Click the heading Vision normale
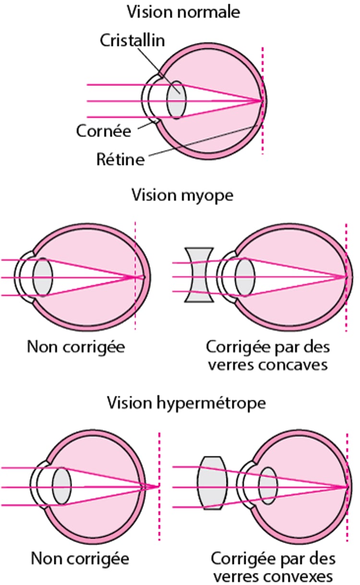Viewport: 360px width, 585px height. tap(183, 12)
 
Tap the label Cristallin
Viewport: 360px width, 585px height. tap(132, 40)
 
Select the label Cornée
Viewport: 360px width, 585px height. tap(104, 131)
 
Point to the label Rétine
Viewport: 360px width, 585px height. tap(120, 159)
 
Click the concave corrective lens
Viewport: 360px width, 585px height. tap(199, 275)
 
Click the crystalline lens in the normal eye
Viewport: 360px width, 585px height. tap(176, 100)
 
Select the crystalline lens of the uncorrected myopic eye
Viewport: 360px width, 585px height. tap(43, 277)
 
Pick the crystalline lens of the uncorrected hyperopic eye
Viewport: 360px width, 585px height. tap(61, 486)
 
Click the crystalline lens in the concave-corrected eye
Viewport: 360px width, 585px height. tap(245, 277)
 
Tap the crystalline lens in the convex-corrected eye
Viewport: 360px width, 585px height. tap(268, 486)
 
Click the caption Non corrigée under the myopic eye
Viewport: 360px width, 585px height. tap(76, 346)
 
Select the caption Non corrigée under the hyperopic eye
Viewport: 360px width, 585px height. tap(80, 559)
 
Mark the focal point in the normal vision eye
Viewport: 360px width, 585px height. tap(262, 101)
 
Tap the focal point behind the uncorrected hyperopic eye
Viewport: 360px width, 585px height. tap(158, 486)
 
